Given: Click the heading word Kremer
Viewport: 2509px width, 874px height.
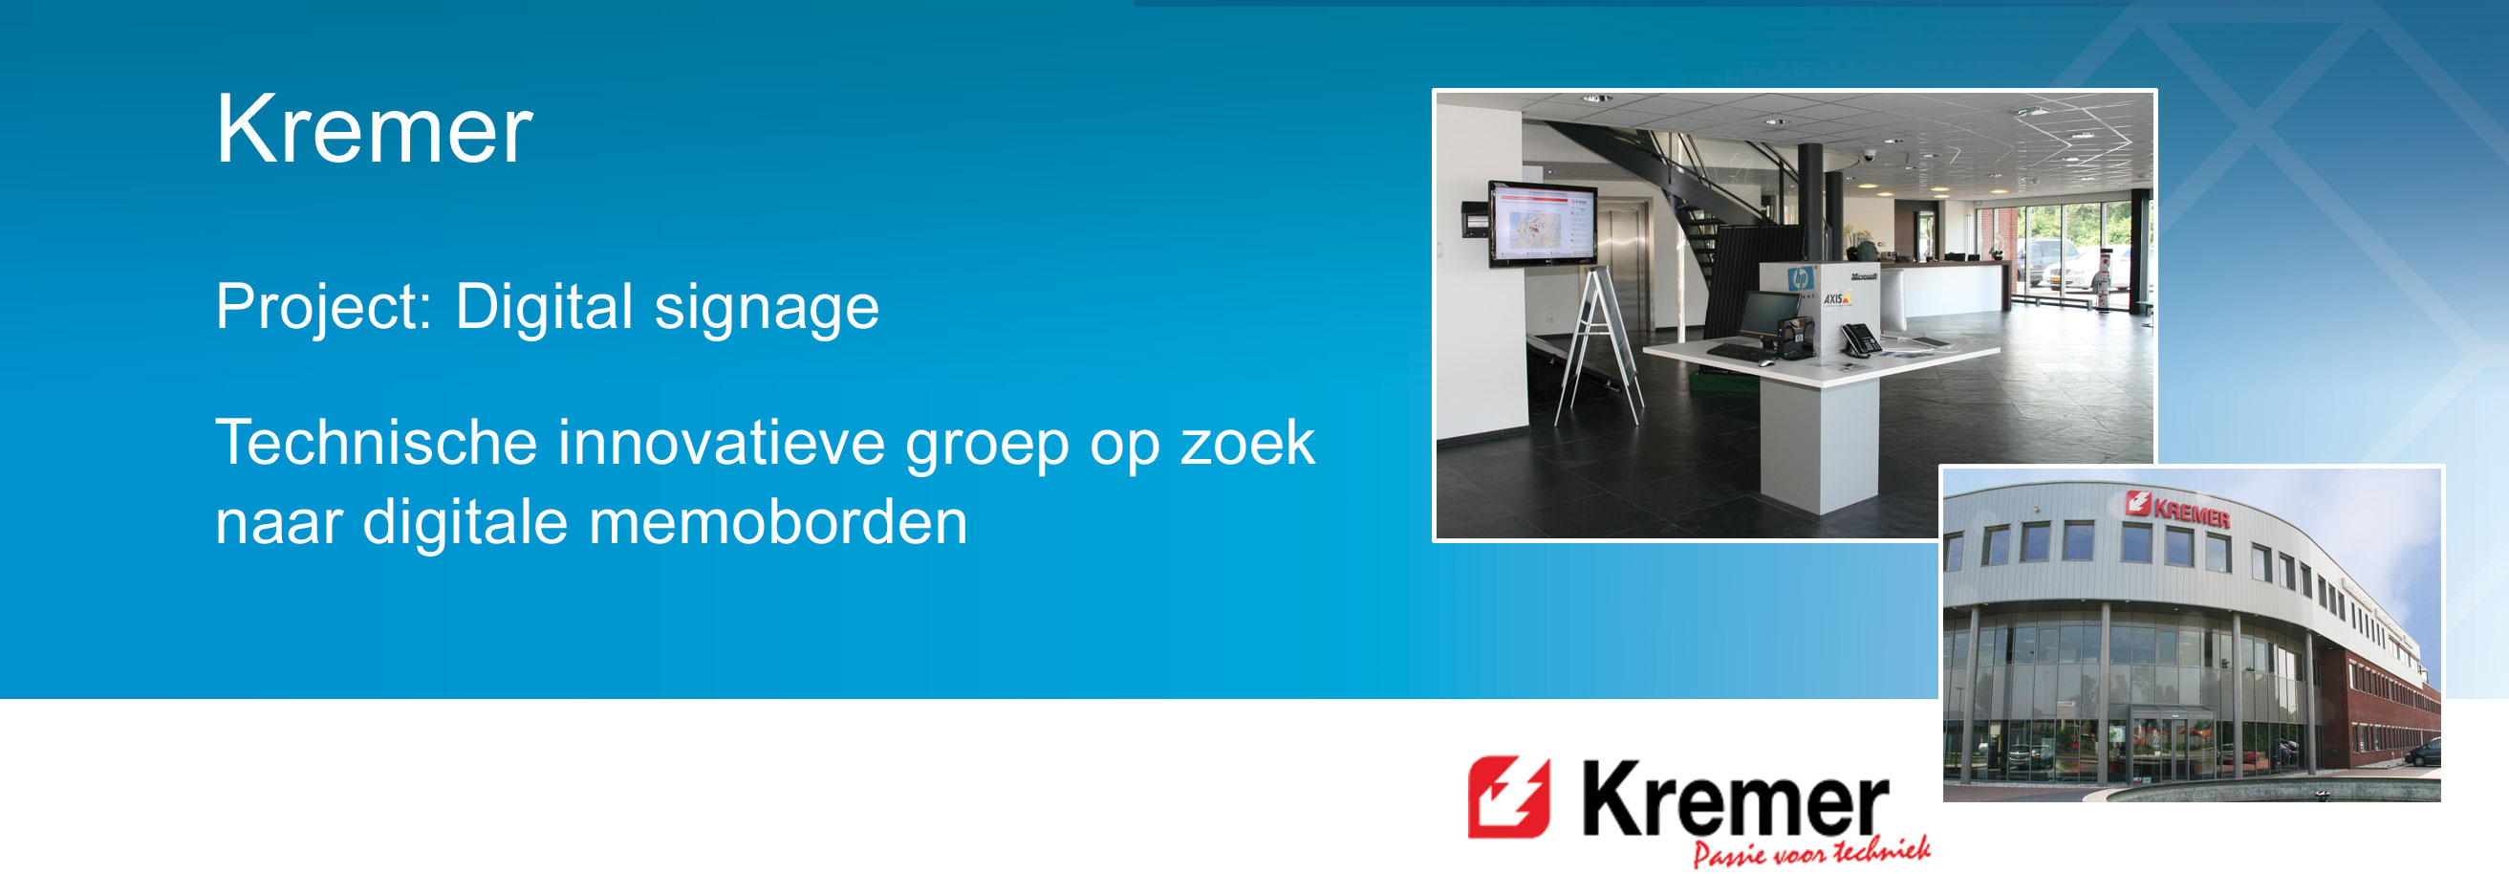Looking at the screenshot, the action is pyautogui.click(x=374, y=130).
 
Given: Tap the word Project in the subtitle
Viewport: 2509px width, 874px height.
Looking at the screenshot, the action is pyautogui.click(x=322, y=308).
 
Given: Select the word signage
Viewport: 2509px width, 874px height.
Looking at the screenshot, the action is pyautogui.click(x=767, y=309).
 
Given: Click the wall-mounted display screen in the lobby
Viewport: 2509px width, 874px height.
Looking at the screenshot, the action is pyautogui.click(x=1543, y=223).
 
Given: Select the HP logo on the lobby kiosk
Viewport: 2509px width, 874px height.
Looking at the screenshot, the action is pyautogui.click(x=1801, y=277).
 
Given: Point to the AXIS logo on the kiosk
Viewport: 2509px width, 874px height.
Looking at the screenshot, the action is pyautogui.click(x=1836, y=298).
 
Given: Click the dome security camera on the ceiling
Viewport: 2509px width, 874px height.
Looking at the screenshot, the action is pyautogui.click(x=1868, y=156).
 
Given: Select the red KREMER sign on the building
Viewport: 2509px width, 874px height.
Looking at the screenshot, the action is pyautogui.click(x=2179, y=510).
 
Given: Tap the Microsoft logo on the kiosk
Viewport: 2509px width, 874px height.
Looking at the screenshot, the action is pyautogui.click(x=1863, y=276).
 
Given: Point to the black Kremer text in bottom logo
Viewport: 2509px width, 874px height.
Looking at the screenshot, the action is pyautogui.click(x=1736, y=799).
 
